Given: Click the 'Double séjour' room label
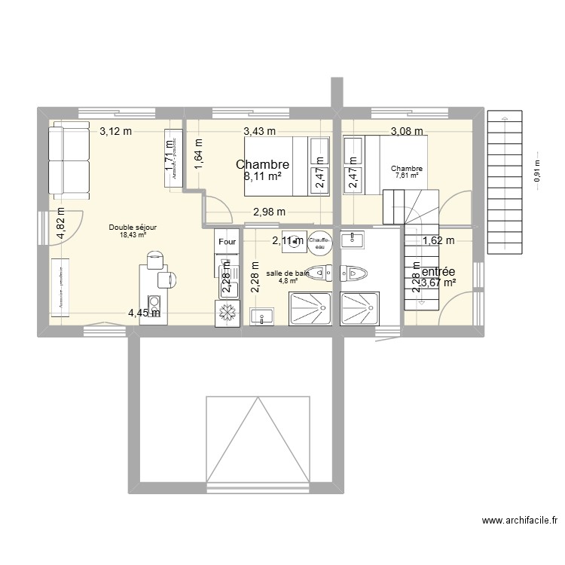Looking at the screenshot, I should (x=133, y=227).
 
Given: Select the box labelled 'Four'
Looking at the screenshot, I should (x=227, y=242).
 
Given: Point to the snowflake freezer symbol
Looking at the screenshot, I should (x=227, y=313).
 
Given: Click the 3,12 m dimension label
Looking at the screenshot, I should (x=116, y=131).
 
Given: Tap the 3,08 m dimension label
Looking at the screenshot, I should (x=406, y=133).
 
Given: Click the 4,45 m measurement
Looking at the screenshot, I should (x=143, y=313).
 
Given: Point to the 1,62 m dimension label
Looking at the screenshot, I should (x=438, y=241).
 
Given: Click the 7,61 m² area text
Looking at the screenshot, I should (x=406, y=178).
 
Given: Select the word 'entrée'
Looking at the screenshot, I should (x=438, y=271).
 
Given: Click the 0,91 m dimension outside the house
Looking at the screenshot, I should (x=537, y=169).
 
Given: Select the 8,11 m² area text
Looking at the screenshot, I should (x=262, y=178).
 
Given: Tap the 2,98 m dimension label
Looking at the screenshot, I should (x=269, y=212).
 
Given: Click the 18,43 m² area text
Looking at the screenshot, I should (x=133, y=235).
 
